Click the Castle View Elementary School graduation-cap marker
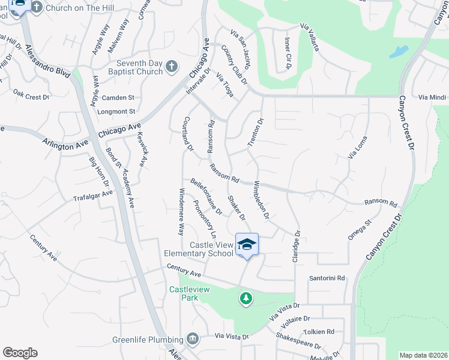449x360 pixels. (x=247, y=244)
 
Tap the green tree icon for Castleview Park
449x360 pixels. (x=246, y=298)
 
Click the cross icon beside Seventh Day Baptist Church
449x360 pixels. (x=172, y=67)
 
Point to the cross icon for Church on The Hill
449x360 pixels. (x=37, y=7)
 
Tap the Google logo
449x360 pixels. (x=20, y=353)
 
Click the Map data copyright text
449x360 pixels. (x=423, y=355)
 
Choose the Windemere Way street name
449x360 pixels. (x=181, y=211)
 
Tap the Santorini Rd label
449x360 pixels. (x=327, y=278)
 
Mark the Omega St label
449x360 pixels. (x=360, y=230)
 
